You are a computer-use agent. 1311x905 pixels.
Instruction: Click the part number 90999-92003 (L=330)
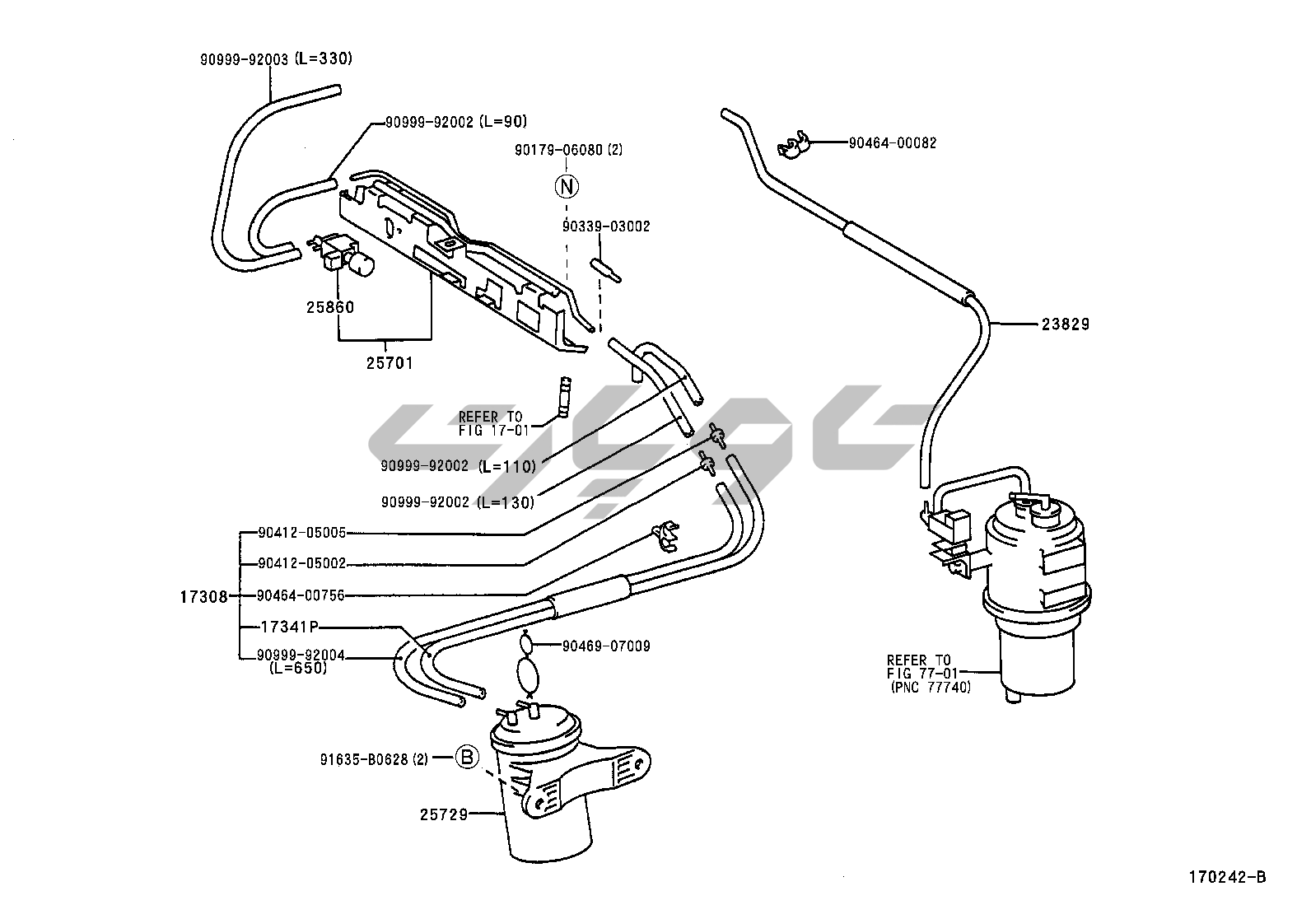tap(276, 59)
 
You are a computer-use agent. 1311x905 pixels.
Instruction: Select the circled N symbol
tap(567, 187)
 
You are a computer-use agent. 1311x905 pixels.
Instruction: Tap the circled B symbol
tap(467, 758)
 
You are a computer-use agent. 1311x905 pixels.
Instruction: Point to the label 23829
tap(1066, 324)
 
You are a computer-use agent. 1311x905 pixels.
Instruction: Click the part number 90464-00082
tap(893, 142)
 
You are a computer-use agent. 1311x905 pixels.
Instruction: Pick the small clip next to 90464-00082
tap(793, 147)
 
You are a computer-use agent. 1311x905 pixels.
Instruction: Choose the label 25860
tap(330, 307)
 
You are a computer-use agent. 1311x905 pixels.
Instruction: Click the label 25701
tap(390, 363)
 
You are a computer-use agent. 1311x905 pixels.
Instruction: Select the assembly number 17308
tap(203, 597)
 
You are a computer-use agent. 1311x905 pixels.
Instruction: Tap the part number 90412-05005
tap(302, 533)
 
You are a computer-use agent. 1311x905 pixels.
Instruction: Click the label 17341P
tap(289, 627)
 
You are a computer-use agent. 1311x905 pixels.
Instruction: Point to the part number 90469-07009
tap(606, 646)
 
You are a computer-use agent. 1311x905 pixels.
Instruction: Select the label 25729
tap(444, 815)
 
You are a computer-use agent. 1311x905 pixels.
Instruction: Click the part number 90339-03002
tap(606, 226)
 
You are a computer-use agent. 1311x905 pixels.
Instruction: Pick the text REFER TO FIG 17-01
tap(493, 424)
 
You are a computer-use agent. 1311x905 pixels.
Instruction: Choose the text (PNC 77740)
tap(931, 688)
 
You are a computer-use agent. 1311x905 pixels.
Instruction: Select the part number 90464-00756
tap(301, 596)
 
